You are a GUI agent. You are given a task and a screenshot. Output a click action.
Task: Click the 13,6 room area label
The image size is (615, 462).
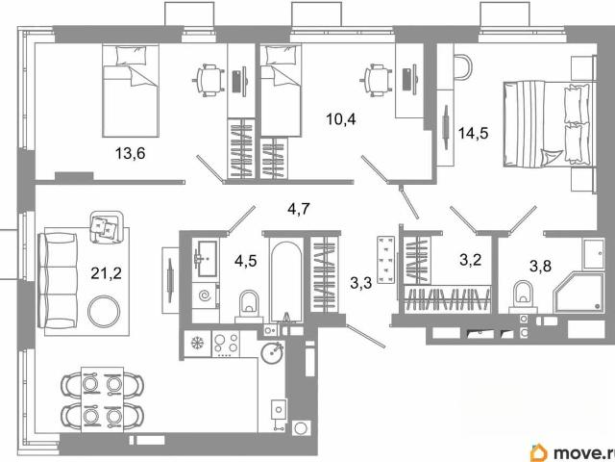[131, 153]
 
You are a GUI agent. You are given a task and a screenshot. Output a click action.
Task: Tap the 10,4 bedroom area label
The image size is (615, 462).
[341, 118]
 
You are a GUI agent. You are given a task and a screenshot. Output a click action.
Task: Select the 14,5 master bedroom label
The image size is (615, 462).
[474, 134]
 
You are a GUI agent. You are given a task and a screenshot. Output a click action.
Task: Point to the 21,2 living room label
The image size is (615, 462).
[107, 272]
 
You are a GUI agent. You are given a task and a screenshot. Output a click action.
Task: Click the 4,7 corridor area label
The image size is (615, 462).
[299, 209]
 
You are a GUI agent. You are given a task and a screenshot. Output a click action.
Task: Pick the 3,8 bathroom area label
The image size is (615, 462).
[540, 266]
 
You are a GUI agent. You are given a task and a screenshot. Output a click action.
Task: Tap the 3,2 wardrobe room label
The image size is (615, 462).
[470, 260]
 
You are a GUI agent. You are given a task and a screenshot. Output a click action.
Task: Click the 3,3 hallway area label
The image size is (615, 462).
[361, 282]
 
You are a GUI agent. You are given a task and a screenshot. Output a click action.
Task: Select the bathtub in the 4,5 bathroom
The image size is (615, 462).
[286, 281]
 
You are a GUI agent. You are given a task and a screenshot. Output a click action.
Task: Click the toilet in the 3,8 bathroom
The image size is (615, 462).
[523, 296]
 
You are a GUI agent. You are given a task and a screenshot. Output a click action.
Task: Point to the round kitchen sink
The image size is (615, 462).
[272, 353]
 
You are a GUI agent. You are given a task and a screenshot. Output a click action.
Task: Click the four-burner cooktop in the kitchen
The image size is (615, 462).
[226, 344]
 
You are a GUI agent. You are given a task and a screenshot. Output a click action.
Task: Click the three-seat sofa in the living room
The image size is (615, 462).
[58, 280]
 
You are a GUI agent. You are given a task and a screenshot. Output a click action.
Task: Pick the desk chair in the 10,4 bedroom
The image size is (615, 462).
[376, 81]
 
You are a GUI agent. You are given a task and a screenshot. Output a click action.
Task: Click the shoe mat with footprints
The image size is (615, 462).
[385, 259]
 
